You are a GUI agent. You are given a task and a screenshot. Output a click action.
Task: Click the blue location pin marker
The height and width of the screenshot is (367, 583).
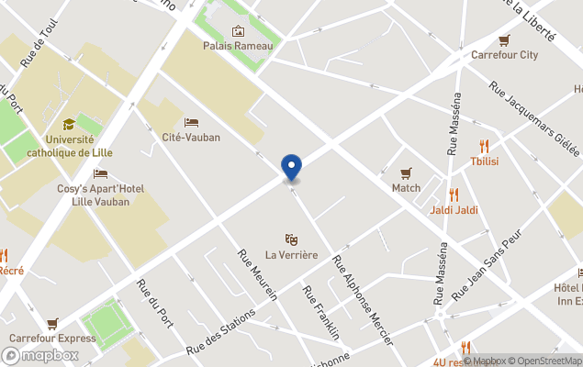point(291,167)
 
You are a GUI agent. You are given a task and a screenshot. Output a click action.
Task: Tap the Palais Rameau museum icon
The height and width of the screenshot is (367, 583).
point(239,30)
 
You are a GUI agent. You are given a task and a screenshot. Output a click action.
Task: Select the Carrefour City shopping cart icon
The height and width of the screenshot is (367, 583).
point(504,40)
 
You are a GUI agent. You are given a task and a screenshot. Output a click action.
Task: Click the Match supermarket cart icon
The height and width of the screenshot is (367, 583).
point(406,173)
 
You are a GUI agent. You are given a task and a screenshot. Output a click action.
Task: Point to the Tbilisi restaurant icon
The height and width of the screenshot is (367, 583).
point(484,146)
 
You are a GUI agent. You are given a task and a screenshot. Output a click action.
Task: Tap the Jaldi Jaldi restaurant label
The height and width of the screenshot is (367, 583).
point(454,210)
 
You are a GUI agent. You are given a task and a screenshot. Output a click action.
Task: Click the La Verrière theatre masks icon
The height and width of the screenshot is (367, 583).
point(292,239)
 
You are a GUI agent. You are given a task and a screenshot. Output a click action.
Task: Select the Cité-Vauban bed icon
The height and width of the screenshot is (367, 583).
point(191,122)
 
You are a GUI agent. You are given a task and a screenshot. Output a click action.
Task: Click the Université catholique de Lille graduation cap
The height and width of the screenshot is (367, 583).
point(69,125)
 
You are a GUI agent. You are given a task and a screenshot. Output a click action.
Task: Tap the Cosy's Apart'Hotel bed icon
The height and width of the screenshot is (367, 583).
point(100,173)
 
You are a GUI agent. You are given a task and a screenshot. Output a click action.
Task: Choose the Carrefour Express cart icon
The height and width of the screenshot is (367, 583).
point(52,323)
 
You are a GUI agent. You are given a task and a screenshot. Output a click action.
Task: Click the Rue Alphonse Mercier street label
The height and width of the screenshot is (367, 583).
point(363,299)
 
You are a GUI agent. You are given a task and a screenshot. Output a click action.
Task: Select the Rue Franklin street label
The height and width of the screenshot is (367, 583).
point(321,312)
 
